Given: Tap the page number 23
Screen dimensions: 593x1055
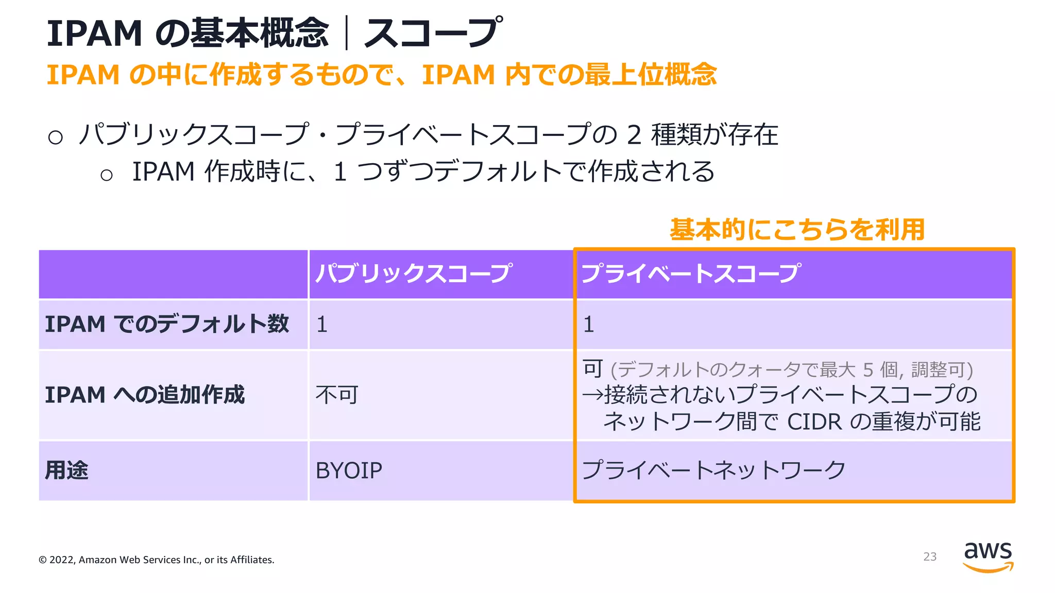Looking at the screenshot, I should point(929,557).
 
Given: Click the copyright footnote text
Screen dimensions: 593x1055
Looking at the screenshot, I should point(156,560).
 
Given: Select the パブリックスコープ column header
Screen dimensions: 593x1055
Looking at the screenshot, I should point(414,273).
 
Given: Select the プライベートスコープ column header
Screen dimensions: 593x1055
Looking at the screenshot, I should point(690,273).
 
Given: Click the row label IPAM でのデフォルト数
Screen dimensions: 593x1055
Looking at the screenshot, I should point(166,324).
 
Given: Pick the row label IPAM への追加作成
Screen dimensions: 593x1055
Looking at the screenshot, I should point(145,395).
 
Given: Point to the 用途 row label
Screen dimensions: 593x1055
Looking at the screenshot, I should point(66,470).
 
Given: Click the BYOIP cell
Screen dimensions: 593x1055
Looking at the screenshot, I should point(349,470).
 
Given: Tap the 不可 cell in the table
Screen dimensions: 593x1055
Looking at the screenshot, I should point(336,395).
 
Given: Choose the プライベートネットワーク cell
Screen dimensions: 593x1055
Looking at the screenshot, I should point(713,470).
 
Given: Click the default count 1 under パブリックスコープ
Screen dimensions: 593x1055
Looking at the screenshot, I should point(322,325).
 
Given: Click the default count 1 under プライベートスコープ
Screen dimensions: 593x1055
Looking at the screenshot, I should point(588,325).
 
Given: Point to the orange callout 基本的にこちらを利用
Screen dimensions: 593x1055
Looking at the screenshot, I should point(797,230).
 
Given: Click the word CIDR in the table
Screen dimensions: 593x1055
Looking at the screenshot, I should point(814,422).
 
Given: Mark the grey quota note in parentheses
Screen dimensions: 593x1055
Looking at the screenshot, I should point(791,370).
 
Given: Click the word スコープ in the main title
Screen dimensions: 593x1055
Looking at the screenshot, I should point(433,33).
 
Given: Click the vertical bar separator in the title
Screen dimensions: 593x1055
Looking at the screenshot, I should point(346,33).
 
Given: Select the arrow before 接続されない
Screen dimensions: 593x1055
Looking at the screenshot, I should point(592,395).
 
